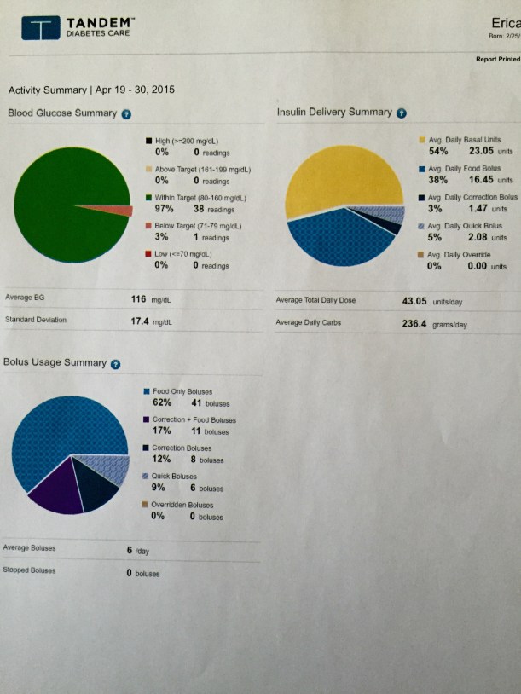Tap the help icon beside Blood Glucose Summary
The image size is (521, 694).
pyautogui.click(x=126, y=113)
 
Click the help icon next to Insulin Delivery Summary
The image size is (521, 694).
pyautogui.click(x=402, y=113)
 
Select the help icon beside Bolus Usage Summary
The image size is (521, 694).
pyautogui.click(x=114, y=363)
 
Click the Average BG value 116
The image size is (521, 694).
pyautogui.click(x=139, y=299)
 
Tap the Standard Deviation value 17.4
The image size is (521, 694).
pyautogui.click(x=140, y=321)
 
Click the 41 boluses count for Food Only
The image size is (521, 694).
pyautogui.click(x=195, y=403)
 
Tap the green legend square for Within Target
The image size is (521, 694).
pyautogui.click(x=148, y=197)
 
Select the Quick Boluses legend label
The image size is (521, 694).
pyautogui.click(x=174, y=477)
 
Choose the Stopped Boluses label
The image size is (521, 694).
pyautogui.click(x=29, y=570)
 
